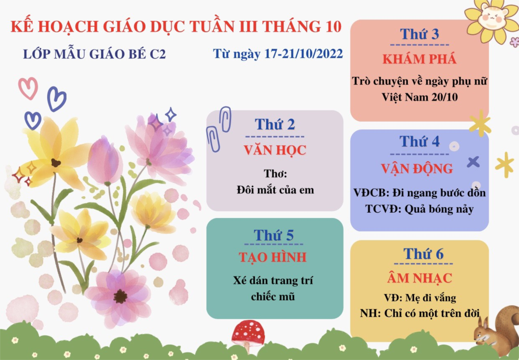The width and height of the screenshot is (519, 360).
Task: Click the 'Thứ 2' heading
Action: [x=275, y=125]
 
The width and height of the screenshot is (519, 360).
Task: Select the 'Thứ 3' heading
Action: [x=419, y=34]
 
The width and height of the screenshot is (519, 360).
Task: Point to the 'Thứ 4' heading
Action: [x=419, y=141]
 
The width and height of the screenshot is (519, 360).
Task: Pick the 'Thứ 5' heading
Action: [x=273, y=235]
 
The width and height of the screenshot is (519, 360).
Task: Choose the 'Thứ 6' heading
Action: [x=423, y=254]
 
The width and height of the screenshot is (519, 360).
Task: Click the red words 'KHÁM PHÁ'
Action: [x=419, y=59]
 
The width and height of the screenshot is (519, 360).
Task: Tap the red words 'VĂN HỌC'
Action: [x=275, y=150]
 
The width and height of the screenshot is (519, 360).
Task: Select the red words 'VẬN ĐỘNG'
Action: [x=417, y=169]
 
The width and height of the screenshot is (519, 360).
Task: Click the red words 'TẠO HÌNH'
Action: [x=273, y=257]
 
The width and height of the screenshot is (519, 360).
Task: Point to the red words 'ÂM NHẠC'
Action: [x=419, y=278]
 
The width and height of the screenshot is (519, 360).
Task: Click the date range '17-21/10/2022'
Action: [x=303, y=54]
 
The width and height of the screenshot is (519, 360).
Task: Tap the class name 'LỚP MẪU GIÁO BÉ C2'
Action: [x=94, y=54]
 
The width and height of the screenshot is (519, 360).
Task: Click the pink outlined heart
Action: [x=28, y=88]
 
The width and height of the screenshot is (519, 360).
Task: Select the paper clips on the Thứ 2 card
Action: [x=219, y=129]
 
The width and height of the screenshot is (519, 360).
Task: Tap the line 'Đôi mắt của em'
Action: [x=275, y=190]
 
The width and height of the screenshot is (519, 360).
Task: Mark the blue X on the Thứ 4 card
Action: [x=473, y=162]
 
